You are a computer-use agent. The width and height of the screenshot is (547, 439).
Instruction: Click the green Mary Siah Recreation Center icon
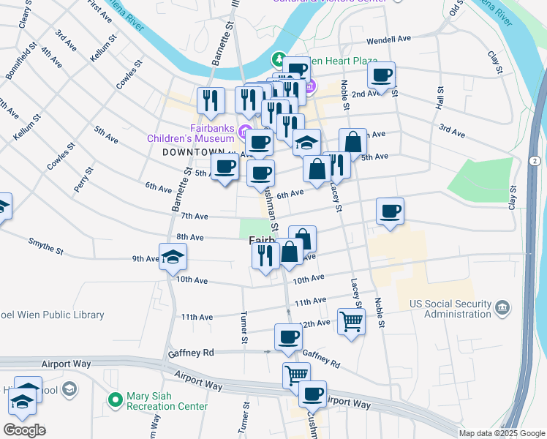[115, 399]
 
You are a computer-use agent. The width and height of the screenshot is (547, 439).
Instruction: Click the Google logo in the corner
[24, 430]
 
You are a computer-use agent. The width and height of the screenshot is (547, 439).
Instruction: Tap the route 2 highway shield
[535, 160]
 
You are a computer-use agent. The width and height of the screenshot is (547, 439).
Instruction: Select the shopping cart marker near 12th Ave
[352, 320]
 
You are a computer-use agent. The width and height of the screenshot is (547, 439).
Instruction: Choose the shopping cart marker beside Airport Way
[296, 375]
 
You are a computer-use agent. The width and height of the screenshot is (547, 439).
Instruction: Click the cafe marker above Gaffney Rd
[288, 337]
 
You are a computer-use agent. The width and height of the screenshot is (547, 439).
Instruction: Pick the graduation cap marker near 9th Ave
[173, 256]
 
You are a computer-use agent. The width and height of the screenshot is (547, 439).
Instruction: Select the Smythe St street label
[45, 247]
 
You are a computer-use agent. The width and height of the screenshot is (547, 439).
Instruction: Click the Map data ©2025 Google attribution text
[501, 433]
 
